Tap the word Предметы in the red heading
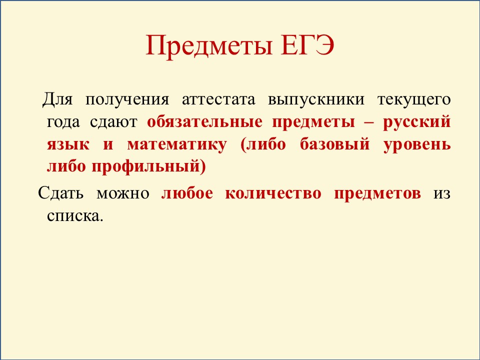pyautogui.click(x=209, y=46)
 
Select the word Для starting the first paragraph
pyautogui.click(x=57, y=99)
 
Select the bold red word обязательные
pyautogui.click(x=205, y=122)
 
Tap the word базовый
pyautogui.click(x=334, y=144)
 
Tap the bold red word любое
pyautogui.click(x=187, y=193)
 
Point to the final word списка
pyautogui.click(x=73, y=216)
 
